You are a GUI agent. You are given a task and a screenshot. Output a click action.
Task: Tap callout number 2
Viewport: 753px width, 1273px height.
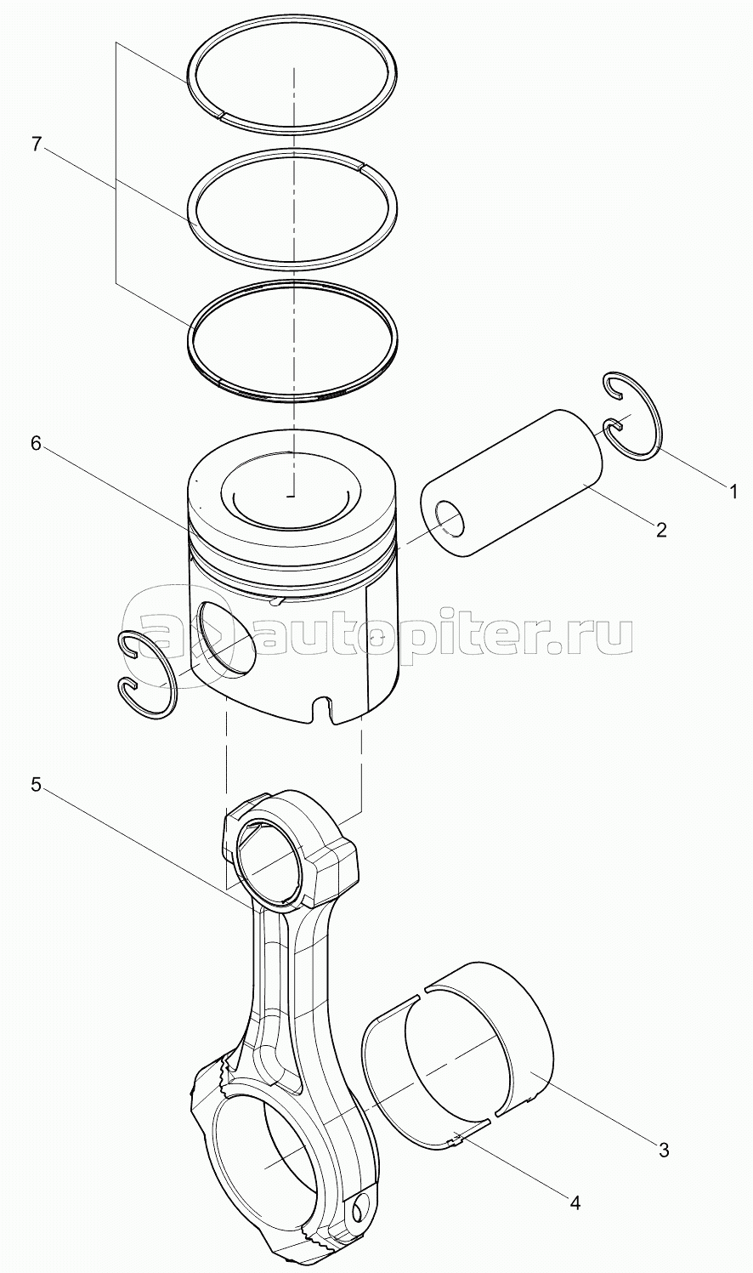(661, 530)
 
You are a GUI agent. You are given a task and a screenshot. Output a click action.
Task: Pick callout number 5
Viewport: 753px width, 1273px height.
(36, 785)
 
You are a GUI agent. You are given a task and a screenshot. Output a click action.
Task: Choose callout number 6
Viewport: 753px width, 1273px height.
(36, 445)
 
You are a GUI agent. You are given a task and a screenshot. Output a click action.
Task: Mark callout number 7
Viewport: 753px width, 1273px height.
(36, 145)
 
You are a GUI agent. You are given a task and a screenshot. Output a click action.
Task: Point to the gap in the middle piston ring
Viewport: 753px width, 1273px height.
(362, 167)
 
